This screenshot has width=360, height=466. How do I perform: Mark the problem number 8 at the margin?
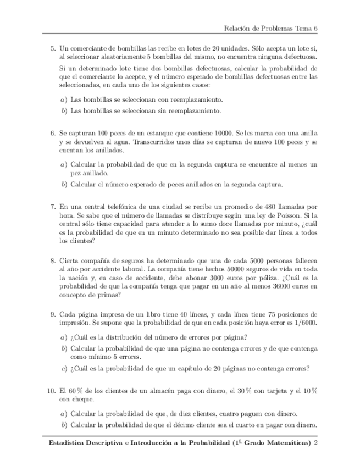[x=53, y=260]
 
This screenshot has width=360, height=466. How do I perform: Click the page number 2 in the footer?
[x=315, y=443]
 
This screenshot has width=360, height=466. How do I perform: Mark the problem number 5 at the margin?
[x=53, y=48]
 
